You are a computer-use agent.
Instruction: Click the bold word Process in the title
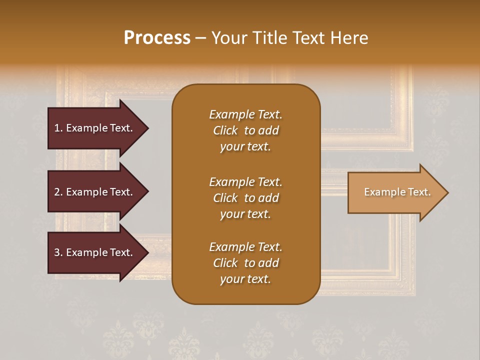point(157,38)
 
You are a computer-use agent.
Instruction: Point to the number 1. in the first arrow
point(58,128)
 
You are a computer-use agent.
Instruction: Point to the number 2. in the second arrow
point(58,192)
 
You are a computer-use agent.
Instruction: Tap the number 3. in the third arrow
point(58,252)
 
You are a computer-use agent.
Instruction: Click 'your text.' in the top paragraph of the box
point(245,147)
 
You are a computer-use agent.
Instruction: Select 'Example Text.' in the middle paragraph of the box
point(245,182)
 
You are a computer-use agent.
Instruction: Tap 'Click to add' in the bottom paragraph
point(245,263)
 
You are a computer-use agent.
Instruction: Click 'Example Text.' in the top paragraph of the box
point(245,114)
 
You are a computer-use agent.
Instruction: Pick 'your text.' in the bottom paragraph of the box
point(245,279)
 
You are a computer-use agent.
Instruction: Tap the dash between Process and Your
point(200,38)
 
